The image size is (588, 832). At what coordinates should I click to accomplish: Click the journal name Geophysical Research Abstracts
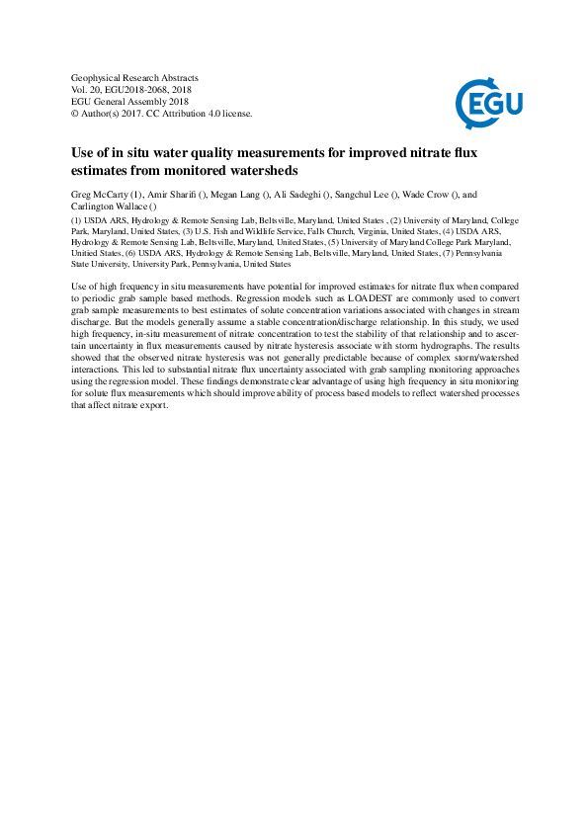click(135, 77)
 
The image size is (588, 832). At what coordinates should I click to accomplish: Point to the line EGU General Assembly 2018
click(129, 101)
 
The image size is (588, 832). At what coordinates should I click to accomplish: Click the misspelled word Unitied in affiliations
click(89, 253)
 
